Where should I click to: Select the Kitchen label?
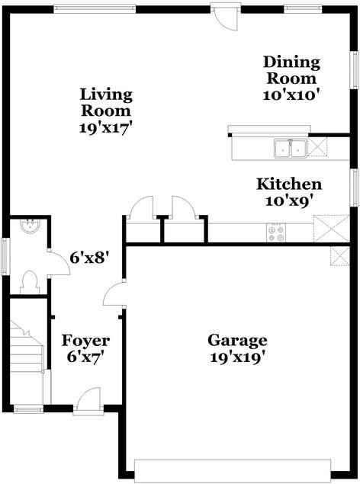click(288, 184)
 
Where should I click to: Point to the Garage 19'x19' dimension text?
click(239, 357)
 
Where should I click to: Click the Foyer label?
click(85, 340)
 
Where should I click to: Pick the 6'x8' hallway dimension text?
click(89, 258)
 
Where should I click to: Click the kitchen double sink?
click(290, 148)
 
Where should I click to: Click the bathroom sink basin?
click(30, 226)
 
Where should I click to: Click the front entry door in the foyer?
click(89, 399)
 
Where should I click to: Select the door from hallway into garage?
click(114, 294)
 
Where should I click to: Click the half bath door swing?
click(58, 261)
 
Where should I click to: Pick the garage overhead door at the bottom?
click(233, 466)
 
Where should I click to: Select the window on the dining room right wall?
click(354, 75)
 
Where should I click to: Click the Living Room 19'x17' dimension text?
click(107, 127)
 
